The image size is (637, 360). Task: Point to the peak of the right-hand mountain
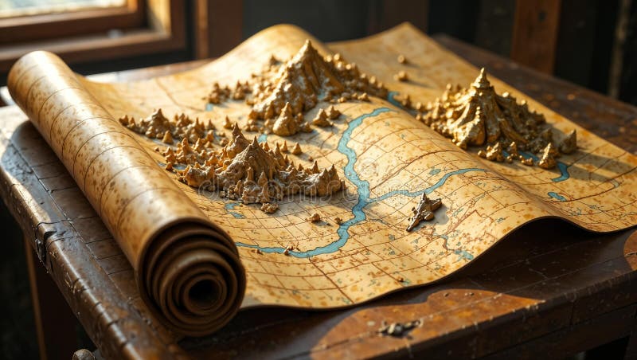(x=481, y=73)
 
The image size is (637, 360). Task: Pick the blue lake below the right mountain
(x=562, y=170)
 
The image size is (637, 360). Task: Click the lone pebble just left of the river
(x=315, y=217)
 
